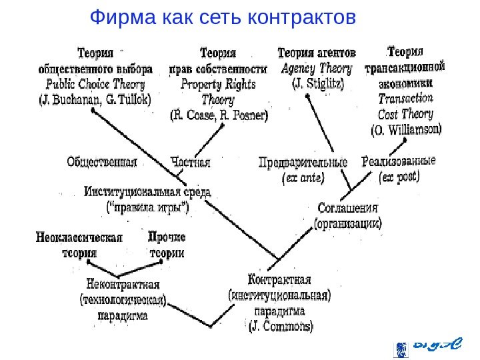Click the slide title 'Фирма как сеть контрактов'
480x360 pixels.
223,16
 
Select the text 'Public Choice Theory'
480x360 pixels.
95,85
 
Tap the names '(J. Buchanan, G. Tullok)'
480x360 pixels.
95,100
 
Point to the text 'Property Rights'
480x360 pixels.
218,85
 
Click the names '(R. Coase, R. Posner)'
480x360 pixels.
219,115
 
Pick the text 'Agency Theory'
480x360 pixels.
317,69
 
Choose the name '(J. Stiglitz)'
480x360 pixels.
317,85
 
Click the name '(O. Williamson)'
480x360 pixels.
405,129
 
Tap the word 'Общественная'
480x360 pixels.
101,161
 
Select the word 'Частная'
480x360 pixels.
190,161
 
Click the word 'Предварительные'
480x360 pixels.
303,163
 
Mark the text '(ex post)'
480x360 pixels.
398,177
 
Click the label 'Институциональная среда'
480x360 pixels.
147,192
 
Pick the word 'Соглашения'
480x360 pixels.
347,209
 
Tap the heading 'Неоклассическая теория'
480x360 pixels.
79,245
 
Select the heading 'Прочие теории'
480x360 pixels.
167,245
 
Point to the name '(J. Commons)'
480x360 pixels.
280,327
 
